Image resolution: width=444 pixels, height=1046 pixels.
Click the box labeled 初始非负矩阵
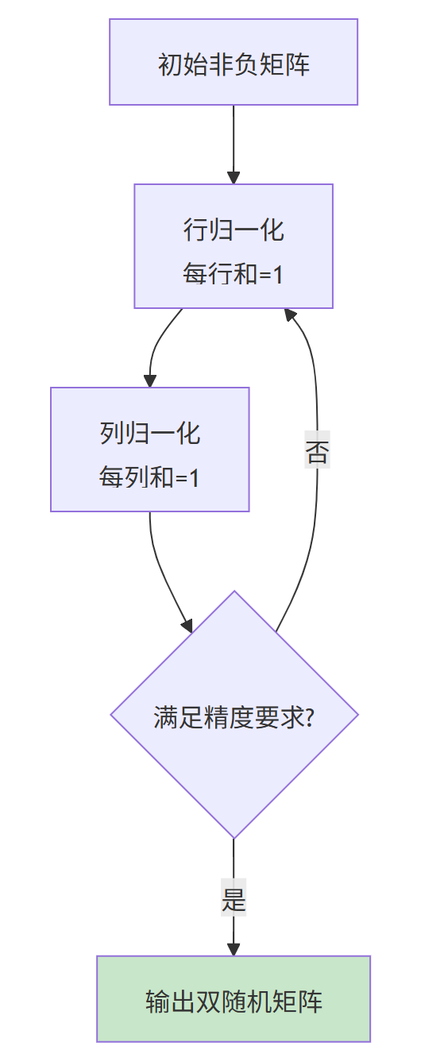coord(234,62)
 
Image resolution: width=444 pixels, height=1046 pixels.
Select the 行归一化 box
coord(234,246)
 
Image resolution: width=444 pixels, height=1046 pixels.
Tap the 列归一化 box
coord(150,450)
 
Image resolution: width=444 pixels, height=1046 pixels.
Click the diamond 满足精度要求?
coord(234,715)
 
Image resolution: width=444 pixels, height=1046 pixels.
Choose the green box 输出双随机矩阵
coord(234,998)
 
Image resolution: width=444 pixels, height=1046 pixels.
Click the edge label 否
coord(317,453)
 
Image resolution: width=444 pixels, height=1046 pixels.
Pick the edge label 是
coord(234,900)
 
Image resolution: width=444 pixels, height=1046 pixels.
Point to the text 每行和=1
coord(234,275)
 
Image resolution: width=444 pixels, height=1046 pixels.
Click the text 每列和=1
coord(150,478)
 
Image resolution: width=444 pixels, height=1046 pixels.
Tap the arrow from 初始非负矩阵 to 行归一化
coord(234,143)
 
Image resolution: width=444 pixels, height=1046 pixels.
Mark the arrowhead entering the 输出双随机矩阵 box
coord(234,948)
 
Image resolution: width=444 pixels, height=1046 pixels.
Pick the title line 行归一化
coord(234,230)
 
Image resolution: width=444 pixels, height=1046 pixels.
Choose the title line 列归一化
coord(150,434)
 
